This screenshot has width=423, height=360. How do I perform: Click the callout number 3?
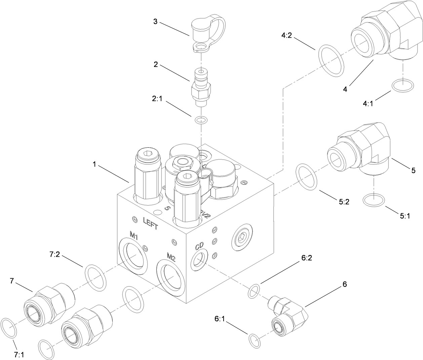155,22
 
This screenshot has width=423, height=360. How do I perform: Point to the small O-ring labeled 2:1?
201,119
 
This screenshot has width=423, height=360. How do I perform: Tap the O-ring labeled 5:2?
306,177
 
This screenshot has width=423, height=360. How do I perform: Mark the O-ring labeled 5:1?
374,200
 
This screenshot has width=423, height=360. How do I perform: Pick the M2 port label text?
171,258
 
